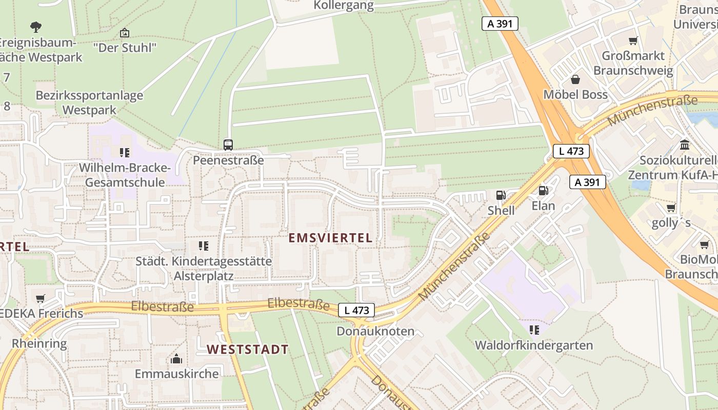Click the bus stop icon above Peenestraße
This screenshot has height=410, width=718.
[228, 145]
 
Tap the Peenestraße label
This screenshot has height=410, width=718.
[228, 160]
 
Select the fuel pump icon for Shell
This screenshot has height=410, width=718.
[500, 195]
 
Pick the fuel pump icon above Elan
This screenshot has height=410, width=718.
[543, 191]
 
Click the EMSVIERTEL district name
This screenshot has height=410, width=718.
[330, 238]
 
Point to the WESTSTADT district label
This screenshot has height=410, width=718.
[248, 350]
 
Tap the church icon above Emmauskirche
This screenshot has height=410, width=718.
[176, 358]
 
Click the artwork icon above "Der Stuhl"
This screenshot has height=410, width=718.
[124, 33]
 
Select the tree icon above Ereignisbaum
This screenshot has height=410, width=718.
[35, 27]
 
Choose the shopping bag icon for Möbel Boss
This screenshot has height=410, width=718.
[575, 79]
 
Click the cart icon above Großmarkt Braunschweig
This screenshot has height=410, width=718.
[633, 40]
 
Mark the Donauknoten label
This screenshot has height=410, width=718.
[375, 331]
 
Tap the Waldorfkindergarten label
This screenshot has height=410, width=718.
[534, 345]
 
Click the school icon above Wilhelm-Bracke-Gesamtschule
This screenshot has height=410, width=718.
[124, 152]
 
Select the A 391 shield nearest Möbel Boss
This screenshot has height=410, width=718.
[500, 24]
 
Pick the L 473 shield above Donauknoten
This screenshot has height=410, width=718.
[356, 310]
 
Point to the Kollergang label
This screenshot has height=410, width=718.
[344, 6]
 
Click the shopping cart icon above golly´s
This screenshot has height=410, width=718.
[671, 208]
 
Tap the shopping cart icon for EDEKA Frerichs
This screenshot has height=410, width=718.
[41, 298]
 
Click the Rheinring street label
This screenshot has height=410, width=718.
[39, 343]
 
